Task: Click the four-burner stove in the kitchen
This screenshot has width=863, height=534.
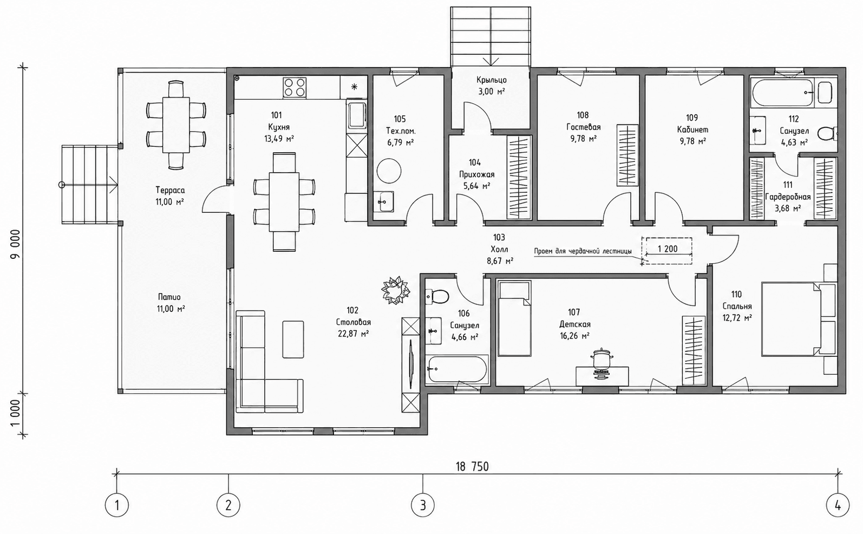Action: click(x=295, y=87)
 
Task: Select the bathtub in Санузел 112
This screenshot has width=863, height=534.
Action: click(x=782, y=93)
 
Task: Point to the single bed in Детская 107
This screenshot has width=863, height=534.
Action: click(x=514, y=318)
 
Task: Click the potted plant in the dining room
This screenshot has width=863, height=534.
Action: click(x=395, y=290)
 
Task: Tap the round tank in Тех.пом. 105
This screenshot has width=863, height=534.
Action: click(x=389, y=171)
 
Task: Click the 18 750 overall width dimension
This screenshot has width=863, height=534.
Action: click(x=472, y=467)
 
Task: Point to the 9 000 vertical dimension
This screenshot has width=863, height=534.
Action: click(x=15, y=246)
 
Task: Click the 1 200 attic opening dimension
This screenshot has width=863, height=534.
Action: click(x=668, y=249)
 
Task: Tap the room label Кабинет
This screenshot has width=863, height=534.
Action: click(x=692, y=130)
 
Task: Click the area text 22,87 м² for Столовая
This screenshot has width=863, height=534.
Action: click(x=354, y=334)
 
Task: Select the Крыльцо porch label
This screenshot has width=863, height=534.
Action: click(x=491, y=80)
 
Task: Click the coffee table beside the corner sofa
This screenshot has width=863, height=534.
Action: click(x=293, y=340)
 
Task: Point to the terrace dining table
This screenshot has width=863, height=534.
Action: click(x=176, y=125)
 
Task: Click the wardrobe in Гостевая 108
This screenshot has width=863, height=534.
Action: click(x=627, y=155)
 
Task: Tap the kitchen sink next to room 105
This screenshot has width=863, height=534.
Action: click(x=357, y=114)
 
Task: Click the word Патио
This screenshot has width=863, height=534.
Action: click(x=169, y=297)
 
